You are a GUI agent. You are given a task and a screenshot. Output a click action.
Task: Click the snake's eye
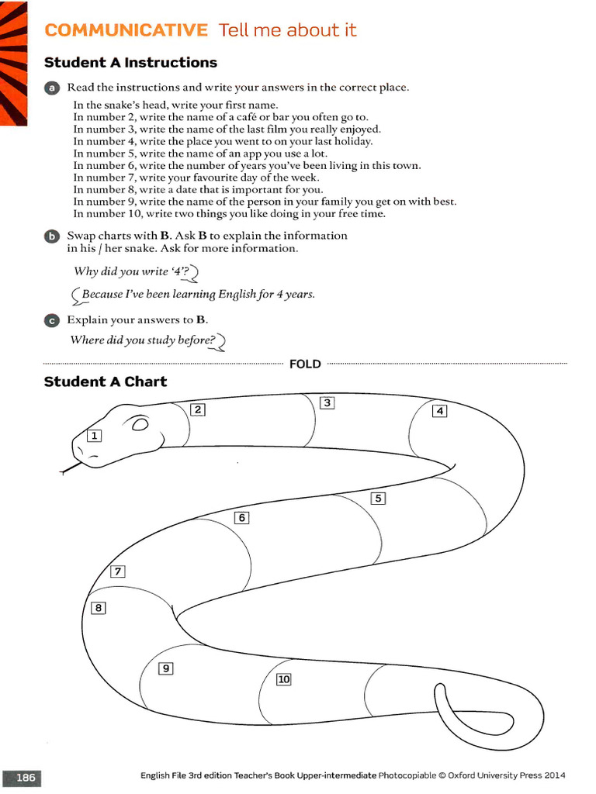click(x=140, y=425)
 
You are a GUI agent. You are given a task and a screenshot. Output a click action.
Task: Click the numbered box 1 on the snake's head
click(x=94, y=436)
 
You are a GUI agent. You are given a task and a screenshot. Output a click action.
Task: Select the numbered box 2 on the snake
click(x=198, y=409)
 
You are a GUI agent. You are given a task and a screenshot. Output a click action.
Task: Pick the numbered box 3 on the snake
click(x=327, y=402)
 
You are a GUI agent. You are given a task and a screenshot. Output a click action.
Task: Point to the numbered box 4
click(x=440, y=411)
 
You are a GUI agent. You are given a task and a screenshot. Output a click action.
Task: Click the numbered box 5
click(x=378, y=499)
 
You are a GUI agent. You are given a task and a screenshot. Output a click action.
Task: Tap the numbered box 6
click(x=241, y=517)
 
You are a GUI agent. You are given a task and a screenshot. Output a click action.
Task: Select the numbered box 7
click(x=118, y=572)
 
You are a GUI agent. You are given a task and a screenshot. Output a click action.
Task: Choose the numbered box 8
click(x=99, y=608)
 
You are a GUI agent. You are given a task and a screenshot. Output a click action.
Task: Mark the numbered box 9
click(x=165, y=668)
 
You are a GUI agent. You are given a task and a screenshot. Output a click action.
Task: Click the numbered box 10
click(x=283, y=679)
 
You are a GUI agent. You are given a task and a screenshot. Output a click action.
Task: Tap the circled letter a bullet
click(x=51, y=88)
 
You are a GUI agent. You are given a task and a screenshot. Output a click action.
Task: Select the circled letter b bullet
click(x=51, y=236)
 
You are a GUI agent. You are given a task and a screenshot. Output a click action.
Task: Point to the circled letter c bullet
click(x=51, y=319)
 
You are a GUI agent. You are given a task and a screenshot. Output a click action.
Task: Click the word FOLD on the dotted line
click(x=305, y=364)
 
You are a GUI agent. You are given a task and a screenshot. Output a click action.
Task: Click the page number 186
click(x=26, y=776)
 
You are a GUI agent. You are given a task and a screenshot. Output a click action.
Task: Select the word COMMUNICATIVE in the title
click(x=126, y=30)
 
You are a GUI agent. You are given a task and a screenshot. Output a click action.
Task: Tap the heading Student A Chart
click(x=106, y=381)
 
